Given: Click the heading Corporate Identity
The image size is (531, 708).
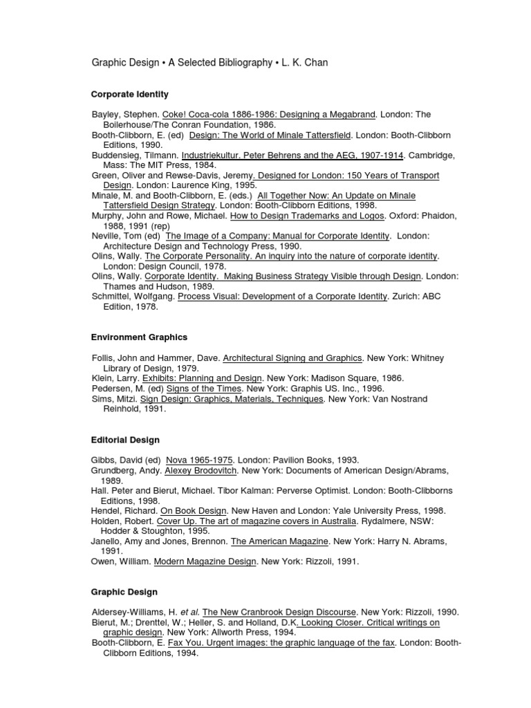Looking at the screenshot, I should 130,94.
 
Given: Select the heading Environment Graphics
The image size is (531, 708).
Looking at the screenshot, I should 139,337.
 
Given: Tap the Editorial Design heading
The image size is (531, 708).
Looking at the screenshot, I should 125,440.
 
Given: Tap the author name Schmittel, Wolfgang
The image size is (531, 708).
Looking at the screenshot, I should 133,297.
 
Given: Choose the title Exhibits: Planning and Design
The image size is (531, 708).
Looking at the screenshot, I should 202,378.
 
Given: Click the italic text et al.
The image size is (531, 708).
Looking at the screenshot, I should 189,612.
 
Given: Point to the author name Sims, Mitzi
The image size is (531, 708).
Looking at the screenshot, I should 115,399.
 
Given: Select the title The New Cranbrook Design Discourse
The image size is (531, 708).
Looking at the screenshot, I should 280,612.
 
